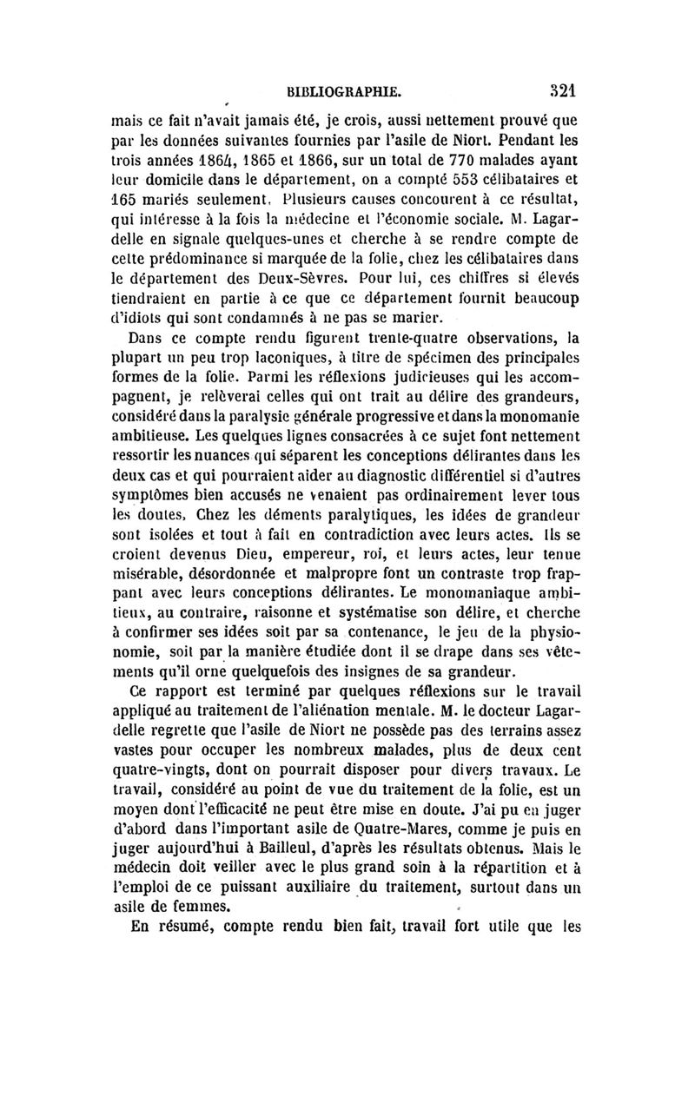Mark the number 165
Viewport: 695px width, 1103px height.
[133, 205]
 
